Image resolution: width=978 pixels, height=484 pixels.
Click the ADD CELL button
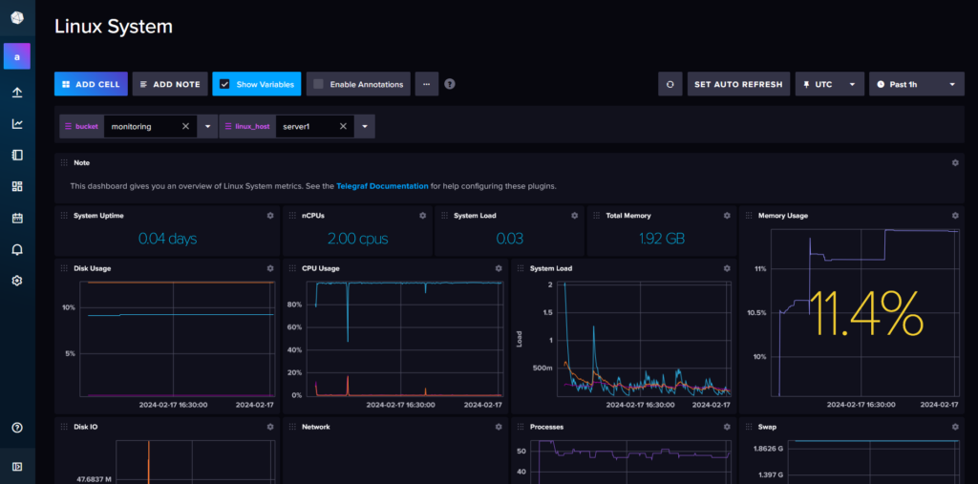91,84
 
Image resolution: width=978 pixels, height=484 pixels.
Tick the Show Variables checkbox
224,84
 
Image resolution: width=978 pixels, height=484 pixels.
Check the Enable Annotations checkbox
319,84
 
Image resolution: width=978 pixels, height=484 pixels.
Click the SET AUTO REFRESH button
738,84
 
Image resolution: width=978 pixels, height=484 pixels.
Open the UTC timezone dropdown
829,84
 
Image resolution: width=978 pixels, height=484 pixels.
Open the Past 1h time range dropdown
915,84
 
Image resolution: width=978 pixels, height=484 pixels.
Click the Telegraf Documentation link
382,186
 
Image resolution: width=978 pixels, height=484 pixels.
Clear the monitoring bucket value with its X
185,126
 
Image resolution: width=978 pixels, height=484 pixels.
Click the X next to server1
341,126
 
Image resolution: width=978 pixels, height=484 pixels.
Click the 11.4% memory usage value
866,315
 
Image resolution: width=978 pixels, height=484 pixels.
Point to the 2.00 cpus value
357,239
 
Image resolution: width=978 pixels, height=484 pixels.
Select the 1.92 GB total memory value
662,239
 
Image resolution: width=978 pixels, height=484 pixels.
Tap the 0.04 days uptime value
167,239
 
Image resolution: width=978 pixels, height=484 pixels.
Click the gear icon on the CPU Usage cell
498,268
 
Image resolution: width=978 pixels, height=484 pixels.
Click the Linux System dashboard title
114,27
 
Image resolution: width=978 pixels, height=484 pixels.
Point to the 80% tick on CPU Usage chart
296,305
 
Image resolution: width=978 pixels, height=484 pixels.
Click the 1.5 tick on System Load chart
547,312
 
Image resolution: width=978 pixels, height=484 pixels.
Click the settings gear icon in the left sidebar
17,281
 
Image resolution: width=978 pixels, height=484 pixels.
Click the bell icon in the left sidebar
17,249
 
